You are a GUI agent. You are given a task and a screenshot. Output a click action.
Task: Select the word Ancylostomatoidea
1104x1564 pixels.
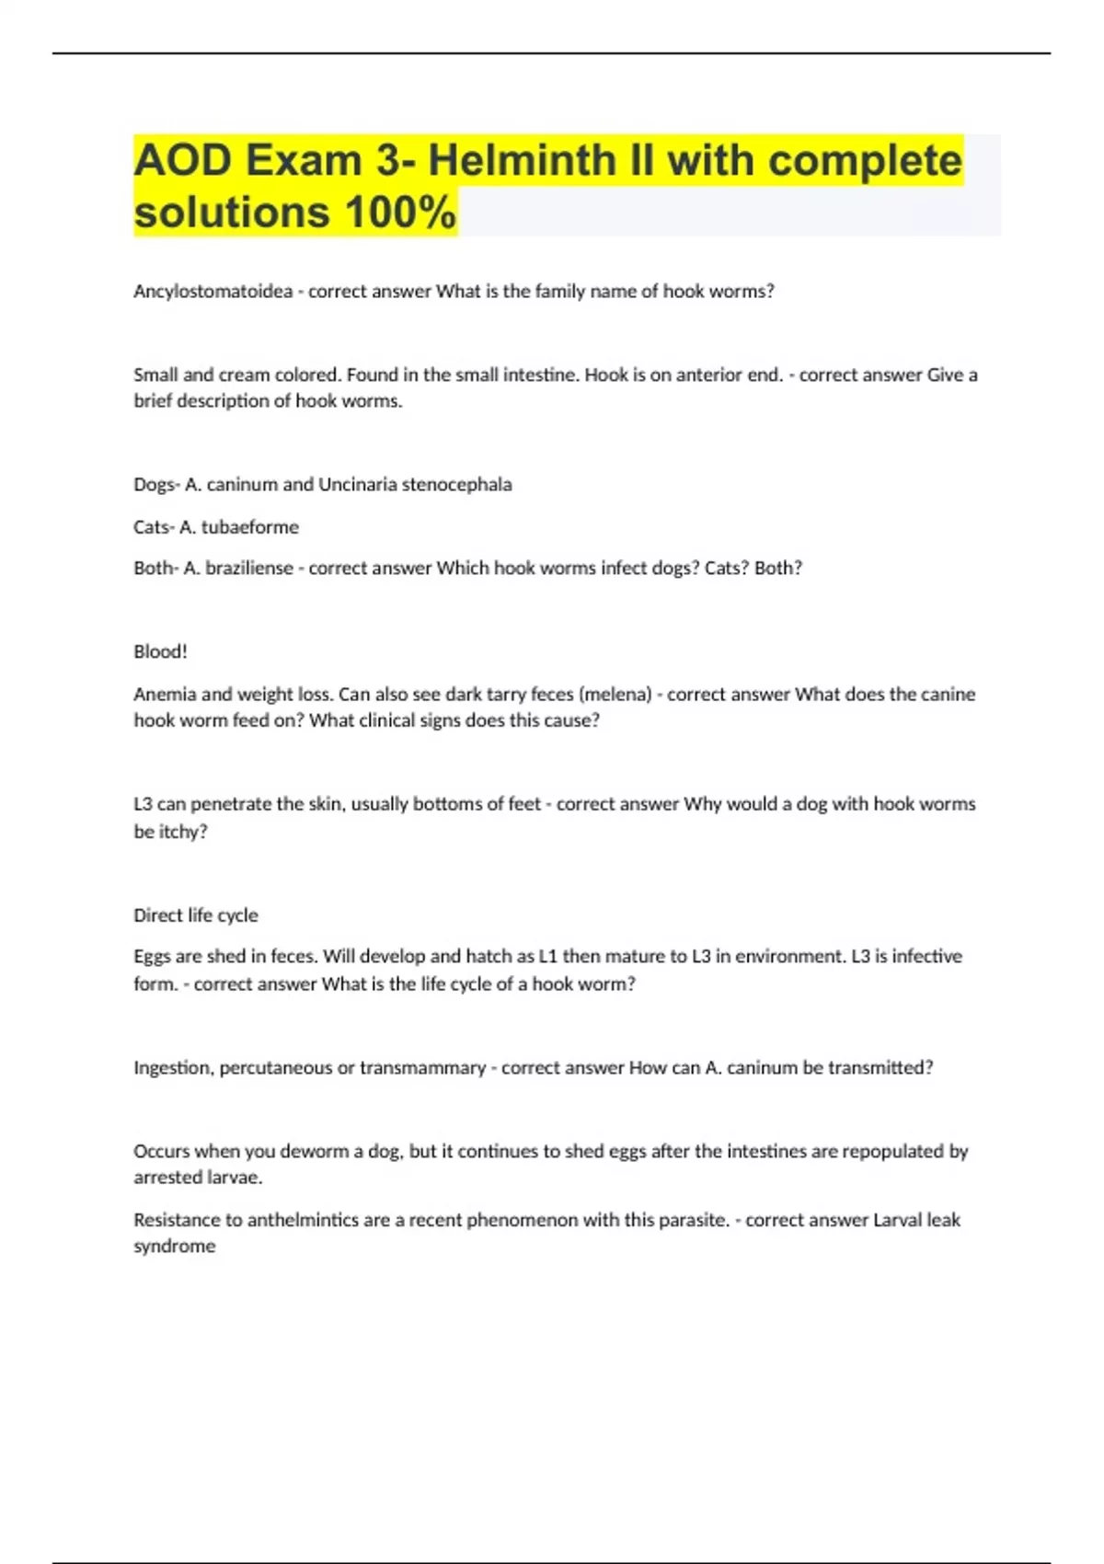tap(213, 292)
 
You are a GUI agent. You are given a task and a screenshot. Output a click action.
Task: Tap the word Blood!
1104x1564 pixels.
tap(160, 652)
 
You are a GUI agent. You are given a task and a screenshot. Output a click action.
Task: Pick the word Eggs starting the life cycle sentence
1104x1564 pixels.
tap(152, 957)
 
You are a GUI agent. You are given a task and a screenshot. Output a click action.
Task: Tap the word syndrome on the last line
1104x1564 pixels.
tap(174, 1247)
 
